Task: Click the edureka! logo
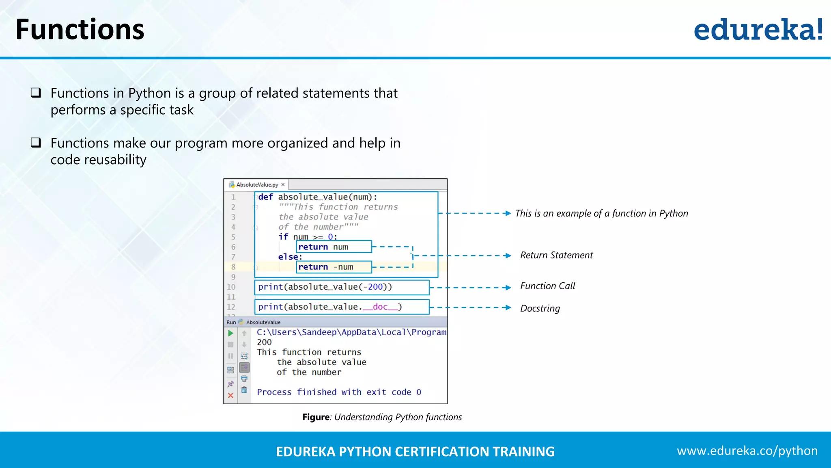(x=758, y=30)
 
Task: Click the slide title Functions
(x=80, y=30)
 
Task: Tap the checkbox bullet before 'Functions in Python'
(x=36, y=93)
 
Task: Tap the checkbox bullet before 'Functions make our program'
(x=36, y=143)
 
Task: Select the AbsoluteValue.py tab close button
(x=283, y=184)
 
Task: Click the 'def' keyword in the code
(x=266, y=197)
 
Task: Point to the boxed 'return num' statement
(x=334, y=247)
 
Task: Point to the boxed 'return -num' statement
(x=334, y=267)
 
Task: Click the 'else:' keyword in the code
(x=290, y=257)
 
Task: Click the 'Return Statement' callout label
(x=556, y=255)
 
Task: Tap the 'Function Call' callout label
(x=547, y=286)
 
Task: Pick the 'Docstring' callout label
(x=540, y=308)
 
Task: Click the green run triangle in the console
(x=230, y=333)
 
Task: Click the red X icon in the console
(x=230, y=395)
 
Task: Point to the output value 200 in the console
(x=264, y=342)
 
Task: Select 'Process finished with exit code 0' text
(x=339, y=392)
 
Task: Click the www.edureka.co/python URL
(x=747, y=451)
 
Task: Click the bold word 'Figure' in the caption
(x=316, y=417)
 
